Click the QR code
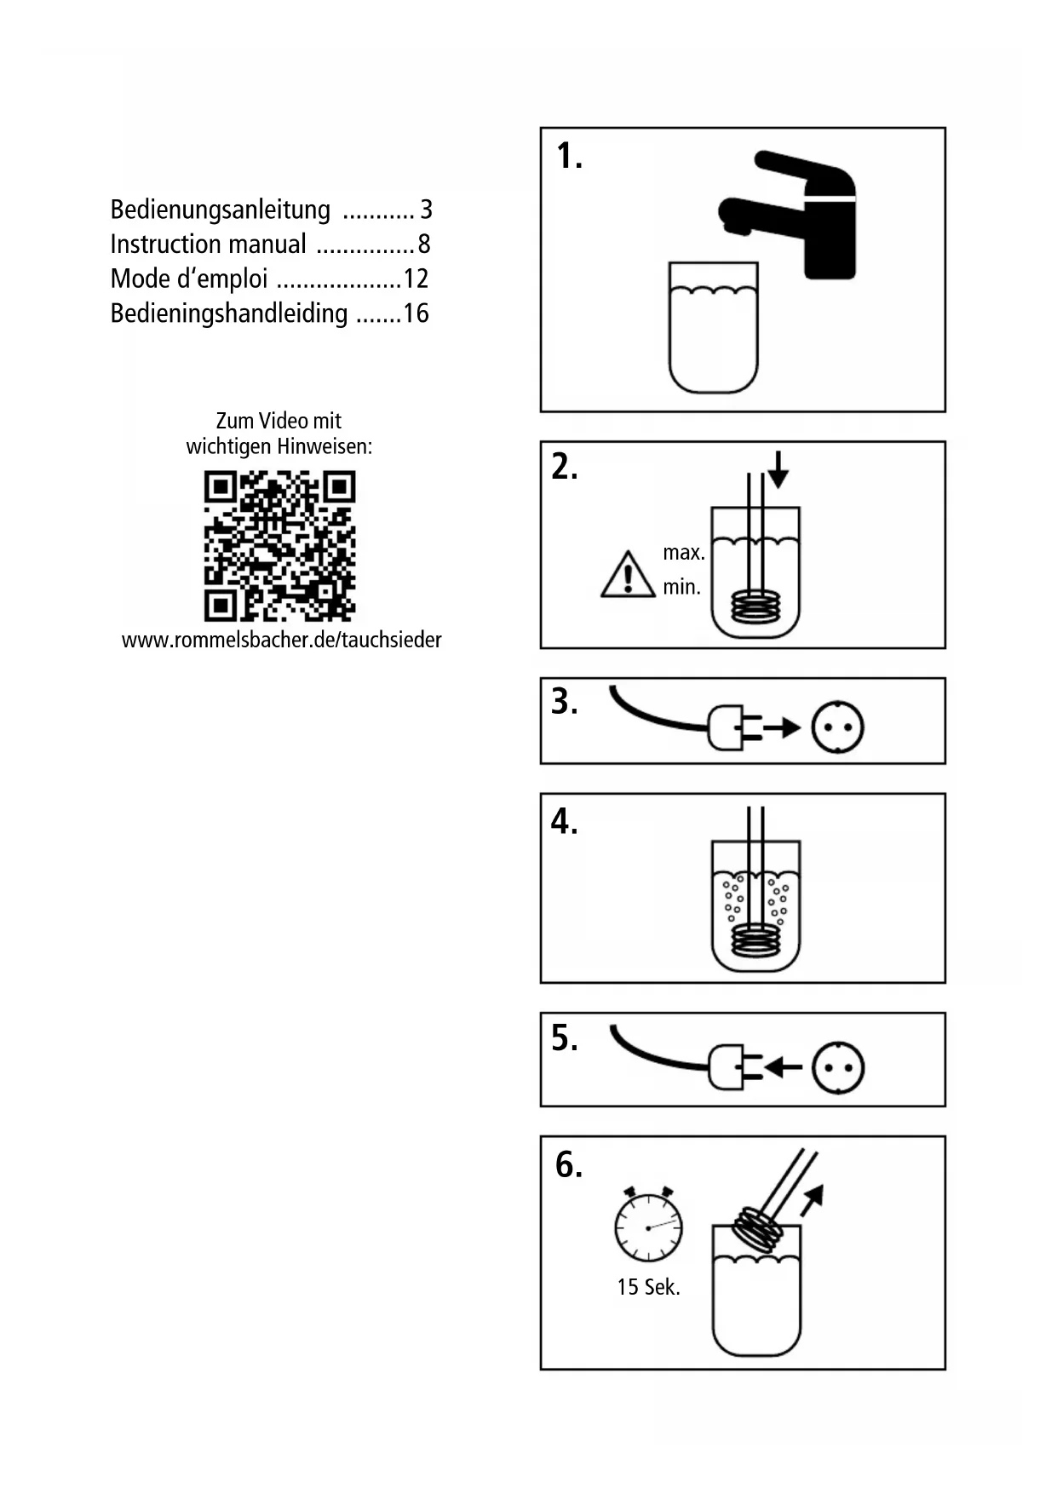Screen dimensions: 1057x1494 [279, 545]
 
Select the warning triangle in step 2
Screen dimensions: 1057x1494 [628, 575]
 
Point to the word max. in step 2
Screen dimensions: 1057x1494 [683, 553]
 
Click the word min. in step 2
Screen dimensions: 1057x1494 [681, 587]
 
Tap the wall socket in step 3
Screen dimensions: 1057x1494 [838, 727]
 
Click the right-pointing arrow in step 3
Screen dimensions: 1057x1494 [781, 727]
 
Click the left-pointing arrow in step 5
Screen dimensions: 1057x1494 [783, 1067]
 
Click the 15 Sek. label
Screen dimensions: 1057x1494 [648, 1287]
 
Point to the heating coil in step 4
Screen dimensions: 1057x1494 [755, 940]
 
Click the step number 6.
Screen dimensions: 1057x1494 [568, 1164]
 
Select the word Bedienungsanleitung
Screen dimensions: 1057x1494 [220, 210]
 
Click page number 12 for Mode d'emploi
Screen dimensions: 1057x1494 [416, 279]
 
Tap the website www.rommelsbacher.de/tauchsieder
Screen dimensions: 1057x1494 [281, 640]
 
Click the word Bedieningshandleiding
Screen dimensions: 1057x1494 [229, 313]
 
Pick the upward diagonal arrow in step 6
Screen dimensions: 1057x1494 [812, 1198]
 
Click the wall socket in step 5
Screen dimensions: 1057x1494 [838, 1067]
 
